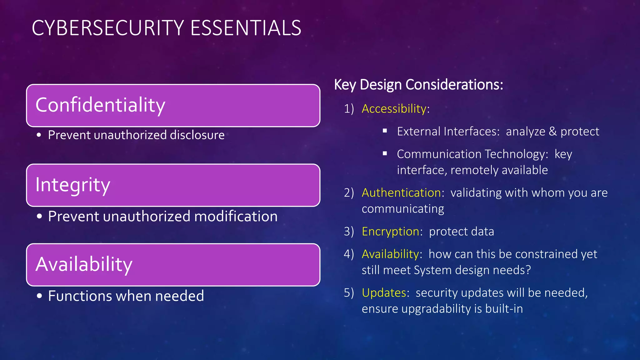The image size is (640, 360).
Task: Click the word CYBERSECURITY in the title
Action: (108, 28)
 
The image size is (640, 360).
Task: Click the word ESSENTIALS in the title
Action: (246, 28)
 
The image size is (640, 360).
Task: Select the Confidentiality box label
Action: (100, 105)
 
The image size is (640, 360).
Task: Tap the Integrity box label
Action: (73, 185)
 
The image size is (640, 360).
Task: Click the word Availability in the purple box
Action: (84, 264)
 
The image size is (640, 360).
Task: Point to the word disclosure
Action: (197, 135)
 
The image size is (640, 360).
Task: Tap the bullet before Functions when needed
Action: (39, 296)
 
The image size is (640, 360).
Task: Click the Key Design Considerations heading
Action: (418, 85)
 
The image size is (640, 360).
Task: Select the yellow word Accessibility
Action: (394, 109)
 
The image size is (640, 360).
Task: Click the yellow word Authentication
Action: (401, 193)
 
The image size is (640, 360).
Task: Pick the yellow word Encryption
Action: (390, 232)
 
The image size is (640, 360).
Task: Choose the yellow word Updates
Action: (384, 293)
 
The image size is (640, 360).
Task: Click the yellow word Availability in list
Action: (390, 254)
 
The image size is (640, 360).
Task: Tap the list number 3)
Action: (349, 232)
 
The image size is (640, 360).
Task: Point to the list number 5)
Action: (349, 293)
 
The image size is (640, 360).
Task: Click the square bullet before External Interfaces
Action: (385, 131)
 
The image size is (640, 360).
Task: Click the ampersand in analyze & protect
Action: (552, 132)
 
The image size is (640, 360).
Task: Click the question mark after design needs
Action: (528, 270)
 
